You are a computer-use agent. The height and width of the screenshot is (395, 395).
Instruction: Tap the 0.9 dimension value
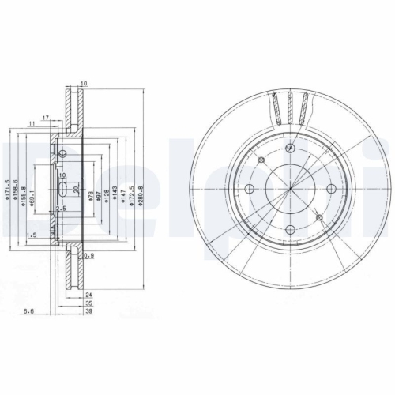point(89,255)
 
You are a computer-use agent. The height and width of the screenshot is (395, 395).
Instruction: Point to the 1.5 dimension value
point(32,236)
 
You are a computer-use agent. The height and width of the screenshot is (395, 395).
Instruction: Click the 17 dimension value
point(47,118)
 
